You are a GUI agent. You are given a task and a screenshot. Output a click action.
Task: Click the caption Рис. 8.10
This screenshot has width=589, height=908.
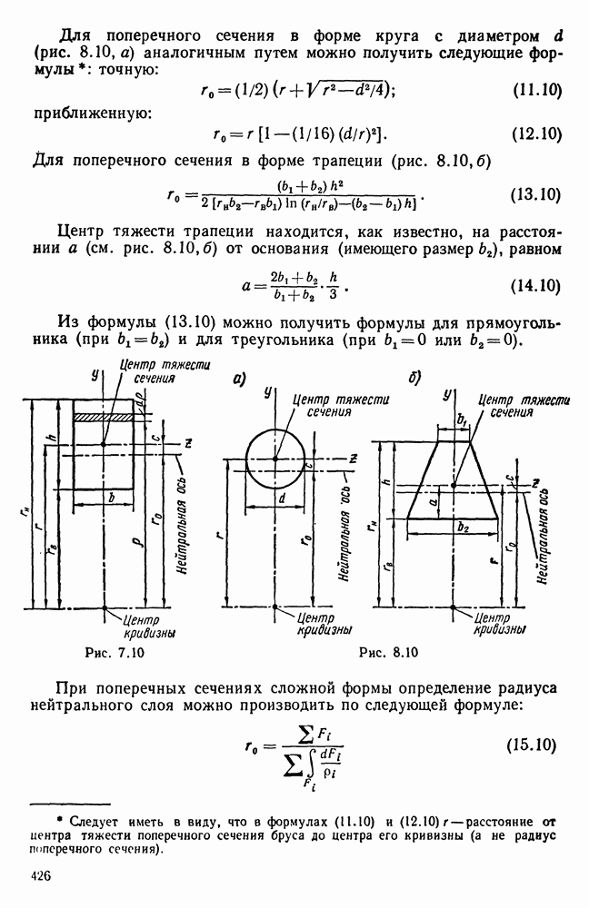tap(389, 651)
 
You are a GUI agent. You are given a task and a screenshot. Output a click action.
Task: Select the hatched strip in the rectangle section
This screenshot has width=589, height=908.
tap(104, 416)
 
